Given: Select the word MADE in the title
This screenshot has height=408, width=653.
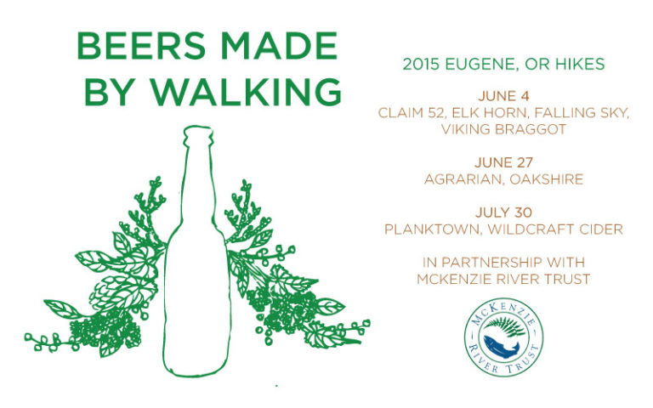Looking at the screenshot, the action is click(279, 45).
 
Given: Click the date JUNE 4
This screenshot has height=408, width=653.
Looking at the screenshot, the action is click(503, 96).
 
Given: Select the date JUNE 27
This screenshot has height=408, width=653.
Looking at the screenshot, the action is click(503, 162).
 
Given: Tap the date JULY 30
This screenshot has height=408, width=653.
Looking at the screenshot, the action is click(503, 212).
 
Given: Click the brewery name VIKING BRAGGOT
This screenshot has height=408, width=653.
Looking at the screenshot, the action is click(503, 129).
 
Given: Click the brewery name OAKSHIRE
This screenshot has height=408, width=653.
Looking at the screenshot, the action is click(547, 179).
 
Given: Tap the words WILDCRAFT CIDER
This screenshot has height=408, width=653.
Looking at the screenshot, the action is click(555, 229).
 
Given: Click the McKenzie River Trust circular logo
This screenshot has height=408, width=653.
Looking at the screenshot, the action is click(503, 337).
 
